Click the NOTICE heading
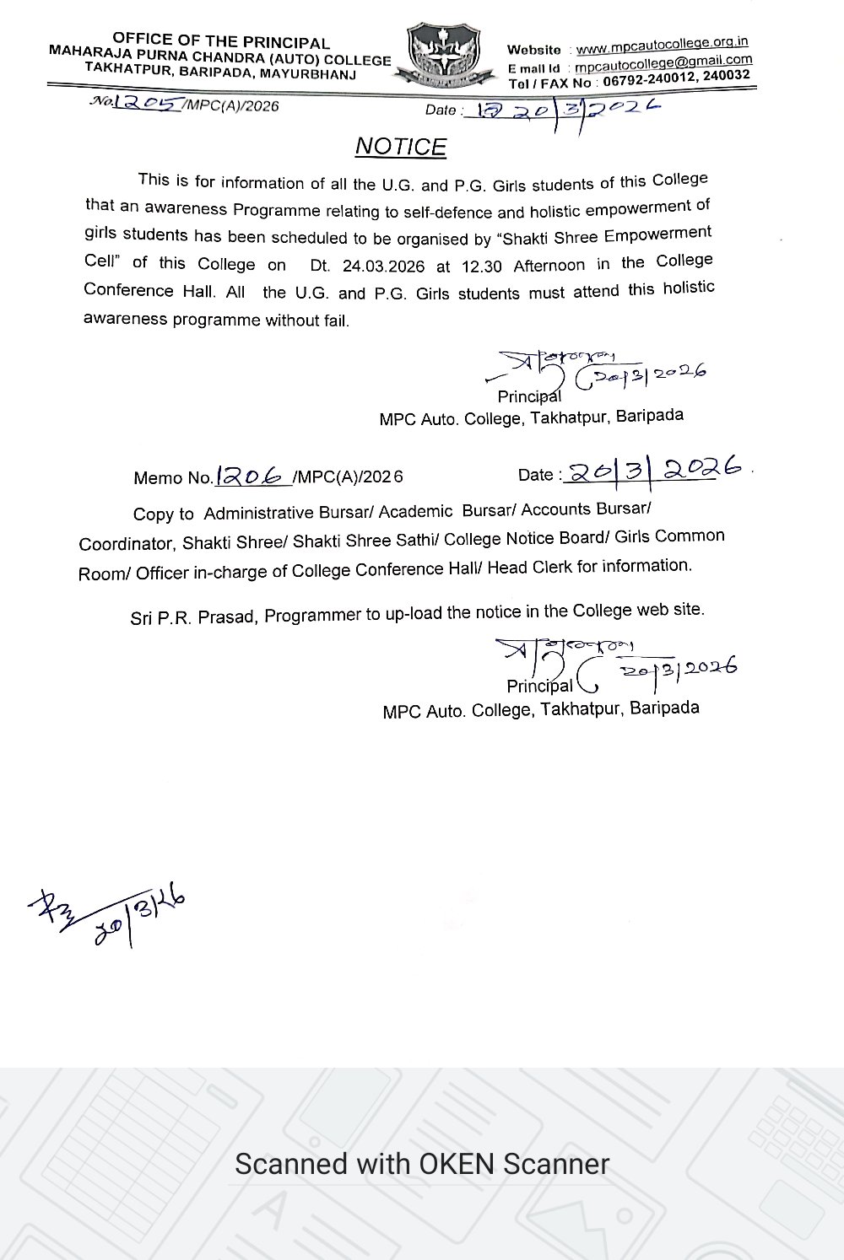[400, 147]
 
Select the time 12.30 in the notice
[482, 267]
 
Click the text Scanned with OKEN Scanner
[422, 1165]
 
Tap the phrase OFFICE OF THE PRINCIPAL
[221, 42]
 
